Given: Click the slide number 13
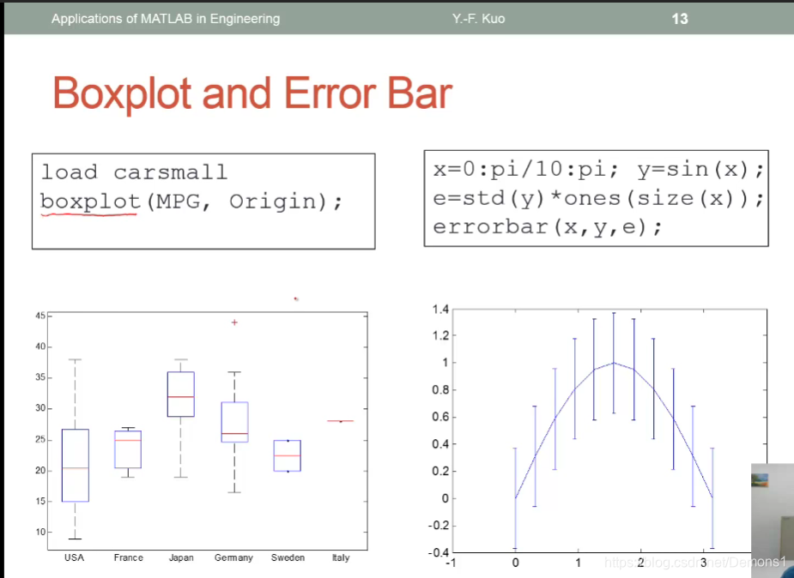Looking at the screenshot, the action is (x=680, y=19).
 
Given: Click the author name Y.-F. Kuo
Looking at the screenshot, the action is (x=478, y=19).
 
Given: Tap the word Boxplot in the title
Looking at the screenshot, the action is (x=122, y=93).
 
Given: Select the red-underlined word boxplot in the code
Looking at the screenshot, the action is (x=90, y=202).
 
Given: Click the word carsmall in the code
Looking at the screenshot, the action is (x=171, y=172).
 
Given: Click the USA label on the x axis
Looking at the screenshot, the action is (x=75, y=557).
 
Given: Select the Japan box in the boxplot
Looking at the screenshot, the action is (x=181, y=394).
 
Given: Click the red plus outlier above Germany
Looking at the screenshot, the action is (x=234, y=322).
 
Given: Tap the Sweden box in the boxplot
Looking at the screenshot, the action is (x=287, y=455).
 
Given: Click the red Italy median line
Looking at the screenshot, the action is (x=340, y=421).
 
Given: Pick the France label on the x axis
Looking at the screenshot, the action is (x=129, y=557).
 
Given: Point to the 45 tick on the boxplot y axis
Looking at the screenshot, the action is (x=40, y=316).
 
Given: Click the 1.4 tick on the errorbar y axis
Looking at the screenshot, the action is (x=440, y=309).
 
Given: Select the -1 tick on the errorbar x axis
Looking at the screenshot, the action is (x=451, y=563).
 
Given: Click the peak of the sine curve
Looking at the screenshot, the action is (x=614, y=363).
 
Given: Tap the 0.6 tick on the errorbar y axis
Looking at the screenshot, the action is (x=440, y=417).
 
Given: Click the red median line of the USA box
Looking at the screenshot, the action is (x=76, y=467).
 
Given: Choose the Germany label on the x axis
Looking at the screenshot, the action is (x=233, y=557).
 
